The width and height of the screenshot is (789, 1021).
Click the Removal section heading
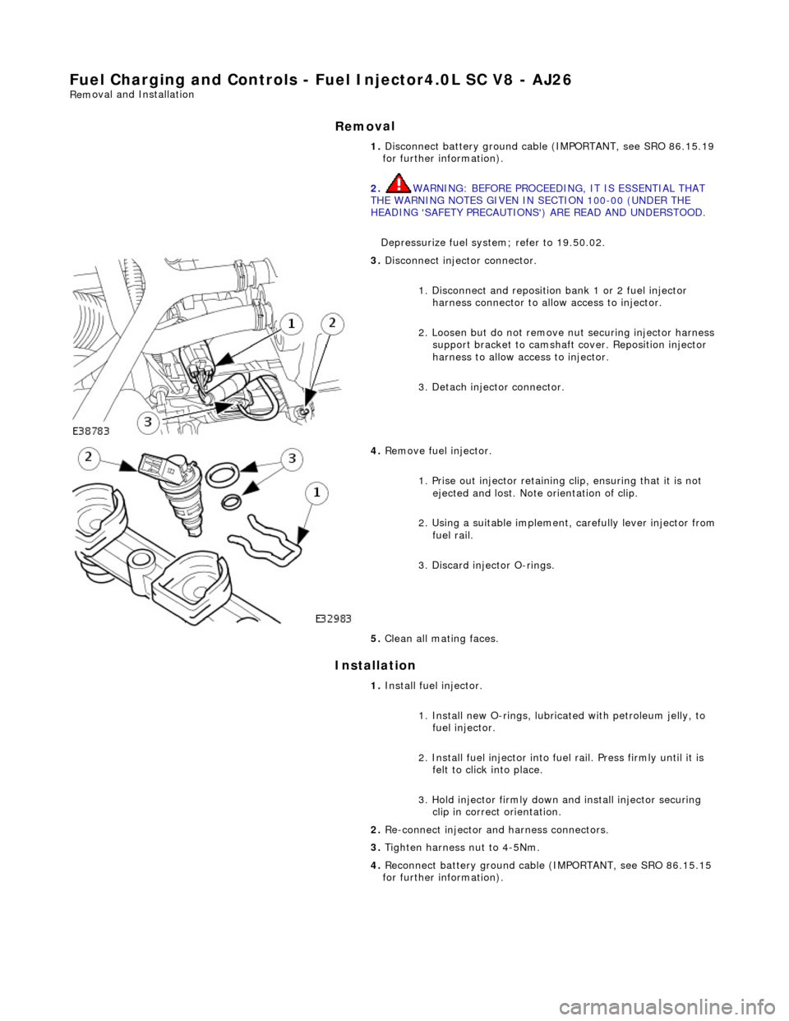pos(365,126)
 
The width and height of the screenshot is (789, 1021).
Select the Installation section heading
pos(375,665)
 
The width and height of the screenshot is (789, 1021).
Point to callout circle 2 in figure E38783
pos(332,324)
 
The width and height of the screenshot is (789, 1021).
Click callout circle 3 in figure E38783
pos(149,423)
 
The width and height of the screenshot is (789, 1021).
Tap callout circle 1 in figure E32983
pos(316,493)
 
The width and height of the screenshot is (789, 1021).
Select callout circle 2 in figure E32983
pos(91,458)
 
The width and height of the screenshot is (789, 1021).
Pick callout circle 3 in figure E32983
pos(289,459)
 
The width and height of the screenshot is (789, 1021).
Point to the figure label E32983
pos(338,618)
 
